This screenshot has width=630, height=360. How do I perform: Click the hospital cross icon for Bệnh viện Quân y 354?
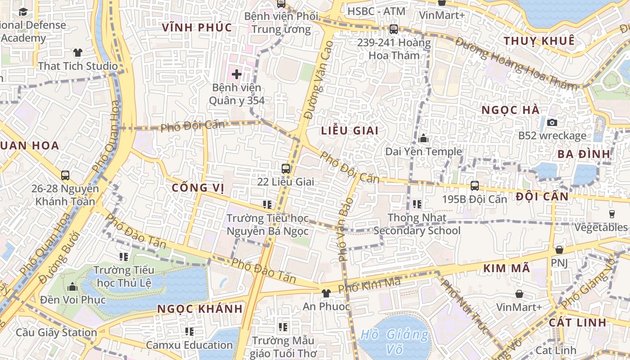pyautogui.click(x=237, y=74)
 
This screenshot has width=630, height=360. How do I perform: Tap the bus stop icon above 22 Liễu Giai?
pyautogui.click(x=286, y=169)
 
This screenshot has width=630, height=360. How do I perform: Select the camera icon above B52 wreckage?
pyautogui.click(x=552, y=122)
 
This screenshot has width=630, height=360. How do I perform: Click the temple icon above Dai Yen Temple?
pyautogui.click(x=423, y=139)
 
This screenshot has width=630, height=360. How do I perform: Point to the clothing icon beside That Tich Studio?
pyautogui.click(x=78, y=53)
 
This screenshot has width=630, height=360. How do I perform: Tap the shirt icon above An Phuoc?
pyautogui.click(x=326, y=293)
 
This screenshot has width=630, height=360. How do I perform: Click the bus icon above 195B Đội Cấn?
pyautogui.click(x=474, y=185)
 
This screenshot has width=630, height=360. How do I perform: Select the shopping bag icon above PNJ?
pyautogui.click(x=559, y=249)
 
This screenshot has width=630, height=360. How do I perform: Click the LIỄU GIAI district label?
pyautogui.click(x=350, y=131)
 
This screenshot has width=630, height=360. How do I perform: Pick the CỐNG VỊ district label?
pyautogui.click(x=198, y=188)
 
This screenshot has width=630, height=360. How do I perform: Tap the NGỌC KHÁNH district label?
pyautogui.click(x=200, y=309)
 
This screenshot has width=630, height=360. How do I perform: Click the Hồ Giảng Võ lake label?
pyautogui.click(x=395, y=342)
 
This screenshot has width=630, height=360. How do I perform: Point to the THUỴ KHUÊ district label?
pyautogui.click(x=539, y=41)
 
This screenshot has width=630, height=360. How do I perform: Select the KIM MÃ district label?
pyautogui.click(x=507, y=269)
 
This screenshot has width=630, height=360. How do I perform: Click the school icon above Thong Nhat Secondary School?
pyautogui.click(x=417, y=204)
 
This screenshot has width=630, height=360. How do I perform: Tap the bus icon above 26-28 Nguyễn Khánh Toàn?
pyautogui.click(x=65, y=175)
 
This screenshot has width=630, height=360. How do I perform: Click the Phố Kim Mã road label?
pyautogui.click(x=369, y=285)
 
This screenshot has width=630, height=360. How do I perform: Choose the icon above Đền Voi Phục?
pyautogui.click(x=72, y=287)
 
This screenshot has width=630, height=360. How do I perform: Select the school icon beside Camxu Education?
pyautogui.click(x=189, y=332)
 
